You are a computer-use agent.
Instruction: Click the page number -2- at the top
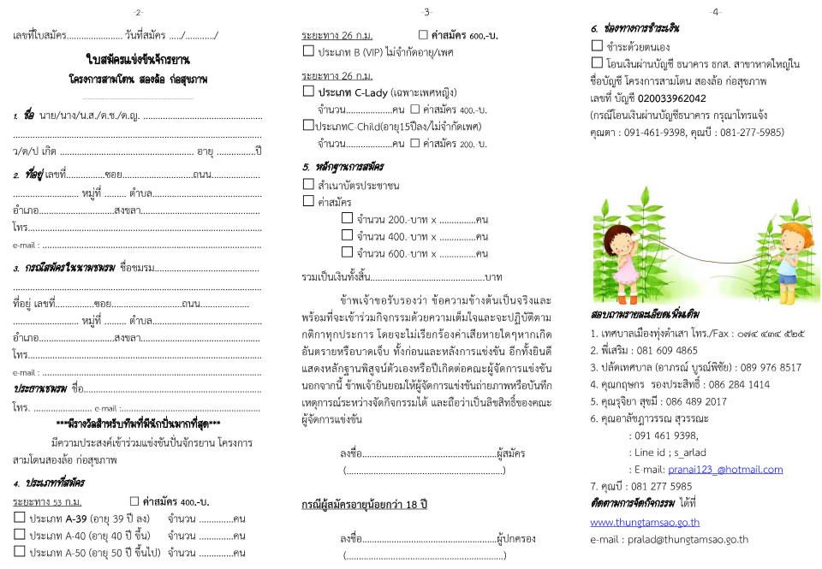click(139, 12)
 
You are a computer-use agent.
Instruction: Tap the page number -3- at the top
click(427, 12)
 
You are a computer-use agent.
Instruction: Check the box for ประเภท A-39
click(20, 518)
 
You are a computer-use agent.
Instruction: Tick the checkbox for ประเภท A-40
click(20, 535)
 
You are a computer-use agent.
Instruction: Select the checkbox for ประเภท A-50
click(20, 553)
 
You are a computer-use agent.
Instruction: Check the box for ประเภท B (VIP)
click(308, 51)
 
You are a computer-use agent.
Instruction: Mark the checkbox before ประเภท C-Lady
click(308, 91)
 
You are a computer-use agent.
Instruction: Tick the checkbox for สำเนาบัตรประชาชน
click(308, 184)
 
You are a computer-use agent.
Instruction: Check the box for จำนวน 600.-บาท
click(347, 252)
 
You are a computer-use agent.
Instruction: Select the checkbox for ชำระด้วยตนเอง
click(597, 46)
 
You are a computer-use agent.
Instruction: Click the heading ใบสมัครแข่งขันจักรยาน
click(139, 60)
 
